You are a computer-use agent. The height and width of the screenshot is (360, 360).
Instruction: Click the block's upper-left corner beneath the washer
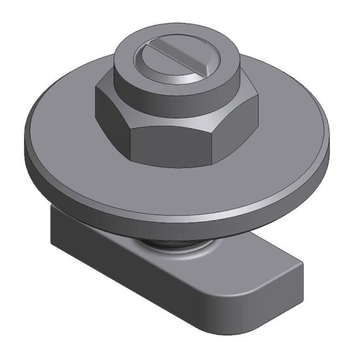click(52, 208)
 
